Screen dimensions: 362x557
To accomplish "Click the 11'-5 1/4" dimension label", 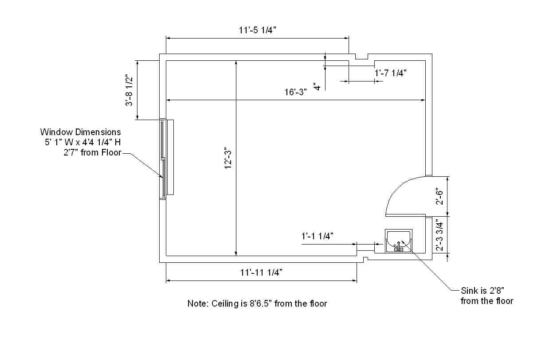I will point(257,30).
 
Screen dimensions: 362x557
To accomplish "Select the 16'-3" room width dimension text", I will point(296,92).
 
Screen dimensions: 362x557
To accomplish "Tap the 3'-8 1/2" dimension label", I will point(129,90).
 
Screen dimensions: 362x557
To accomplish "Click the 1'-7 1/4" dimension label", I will point(390,73).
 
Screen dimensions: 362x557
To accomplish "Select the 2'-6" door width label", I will point(439,196).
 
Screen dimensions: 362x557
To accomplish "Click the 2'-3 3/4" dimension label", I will point(439,235).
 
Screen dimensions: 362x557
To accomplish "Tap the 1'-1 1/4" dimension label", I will point(318,236).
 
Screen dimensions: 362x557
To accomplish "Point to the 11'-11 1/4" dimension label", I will point(261,272).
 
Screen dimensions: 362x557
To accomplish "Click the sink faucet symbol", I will point(398,246).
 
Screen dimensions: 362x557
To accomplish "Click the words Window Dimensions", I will point(80,132).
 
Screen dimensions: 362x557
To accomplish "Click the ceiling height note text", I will point(257,304).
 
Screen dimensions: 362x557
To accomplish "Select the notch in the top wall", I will point(362,57).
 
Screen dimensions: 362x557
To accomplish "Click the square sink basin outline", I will point(399,241).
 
